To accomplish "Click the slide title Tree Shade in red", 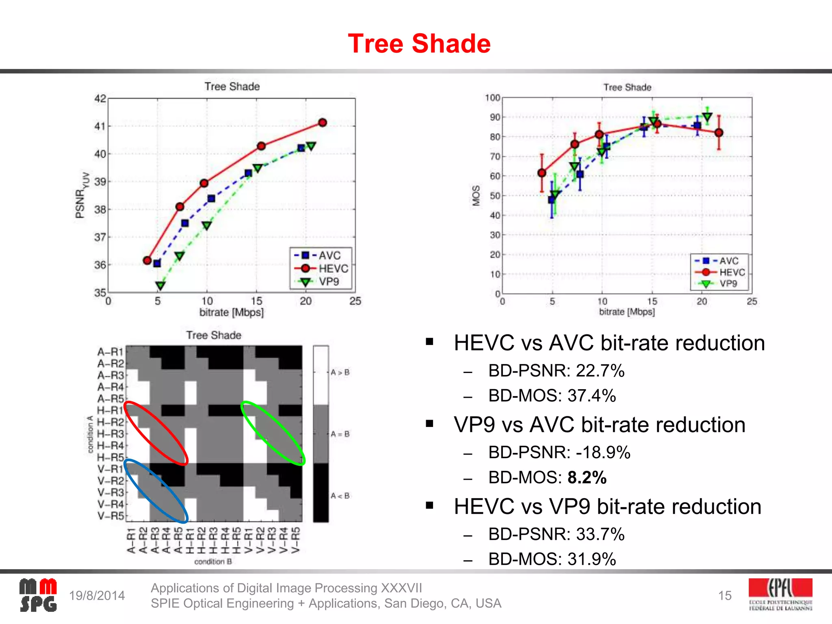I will (419, 43).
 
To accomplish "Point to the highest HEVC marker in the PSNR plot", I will (323, 123).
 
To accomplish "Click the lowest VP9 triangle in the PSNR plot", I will (160, 286).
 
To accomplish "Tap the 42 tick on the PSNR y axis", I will (100, 99).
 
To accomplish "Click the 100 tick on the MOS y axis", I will (492, 98).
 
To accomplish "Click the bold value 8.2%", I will (587, 477).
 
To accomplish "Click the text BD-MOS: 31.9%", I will (552, 559).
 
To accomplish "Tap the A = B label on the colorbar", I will (340, 434).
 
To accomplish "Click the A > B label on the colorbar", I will (340, 372).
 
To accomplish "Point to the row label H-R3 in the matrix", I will (110, 434).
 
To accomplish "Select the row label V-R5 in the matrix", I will (110, 516).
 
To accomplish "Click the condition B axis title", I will (213, 561).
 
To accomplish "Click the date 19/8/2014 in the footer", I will (97, 596).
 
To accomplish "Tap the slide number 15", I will (724, 596).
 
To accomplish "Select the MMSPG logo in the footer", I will (38, 596).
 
